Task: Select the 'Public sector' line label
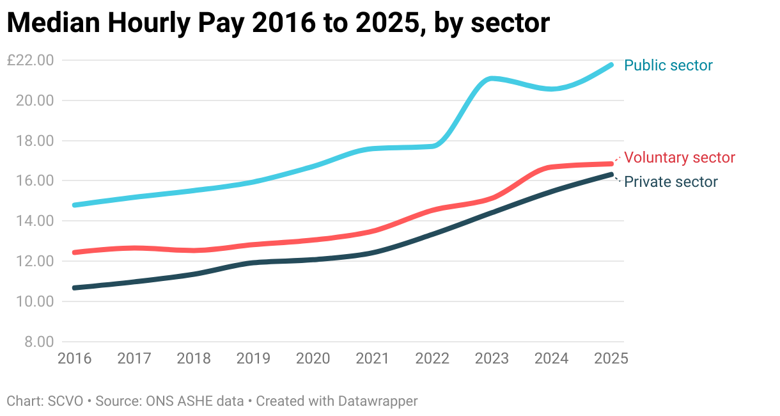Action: [x=668, y=65]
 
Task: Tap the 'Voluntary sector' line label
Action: [x=680, y=157]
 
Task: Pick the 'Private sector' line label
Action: [x=671, y=182]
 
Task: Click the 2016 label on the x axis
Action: [x=75, y=358]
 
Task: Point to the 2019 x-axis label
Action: [x=253, y=358]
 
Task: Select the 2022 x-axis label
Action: [x=432, y=358]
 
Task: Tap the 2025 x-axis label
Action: [x=611, y=358]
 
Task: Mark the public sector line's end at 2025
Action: [x=611, y=65]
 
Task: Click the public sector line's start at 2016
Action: [x=75, y=205]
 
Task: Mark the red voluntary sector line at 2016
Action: [x=75, y=252]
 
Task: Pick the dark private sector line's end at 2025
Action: [x=611, y=174]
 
